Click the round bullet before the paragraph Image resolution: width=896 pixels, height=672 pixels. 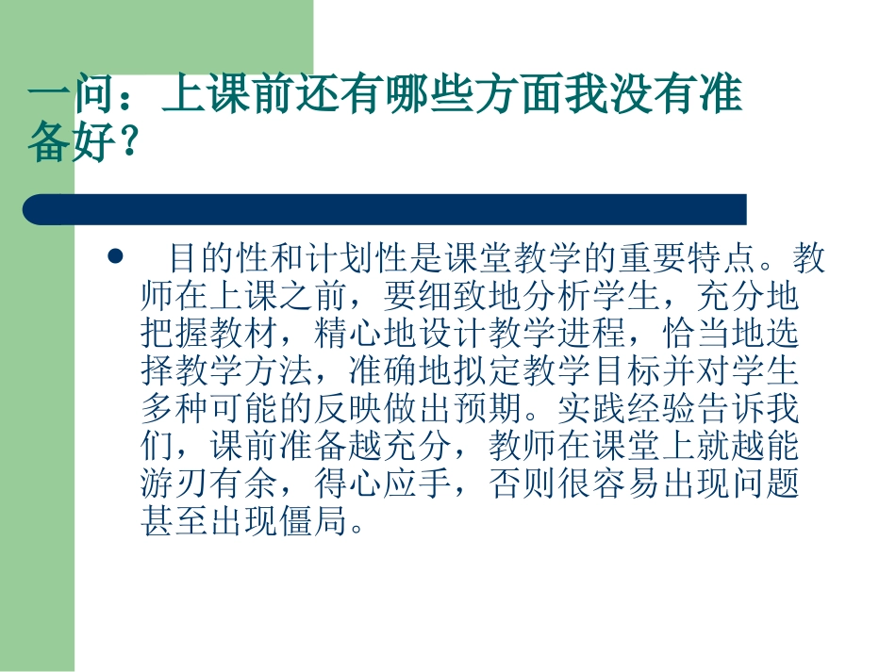click(x=116, y=256)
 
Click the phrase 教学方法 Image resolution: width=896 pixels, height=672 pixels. click(x=239, y=373)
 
